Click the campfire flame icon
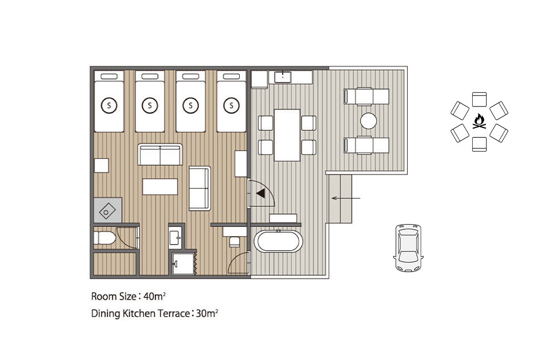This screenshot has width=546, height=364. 479,121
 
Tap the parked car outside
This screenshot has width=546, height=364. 408,248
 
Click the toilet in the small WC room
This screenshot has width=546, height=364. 105,238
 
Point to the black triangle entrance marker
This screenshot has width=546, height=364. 261,193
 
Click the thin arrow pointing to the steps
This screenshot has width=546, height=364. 346,198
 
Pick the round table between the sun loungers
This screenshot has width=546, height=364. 368,121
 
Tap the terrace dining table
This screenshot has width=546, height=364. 287,135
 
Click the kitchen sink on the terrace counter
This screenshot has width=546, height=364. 283,77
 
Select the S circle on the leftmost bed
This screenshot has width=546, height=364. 109,106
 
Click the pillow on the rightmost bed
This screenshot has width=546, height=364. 231,76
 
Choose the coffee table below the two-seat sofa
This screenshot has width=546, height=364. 160,187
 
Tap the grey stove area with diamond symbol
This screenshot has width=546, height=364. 108,210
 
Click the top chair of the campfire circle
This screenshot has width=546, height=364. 479,100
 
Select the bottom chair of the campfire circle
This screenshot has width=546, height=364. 479,144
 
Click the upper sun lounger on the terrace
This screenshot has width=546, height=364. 366,96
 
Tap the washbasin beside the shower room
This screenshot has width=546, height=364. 175,238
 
